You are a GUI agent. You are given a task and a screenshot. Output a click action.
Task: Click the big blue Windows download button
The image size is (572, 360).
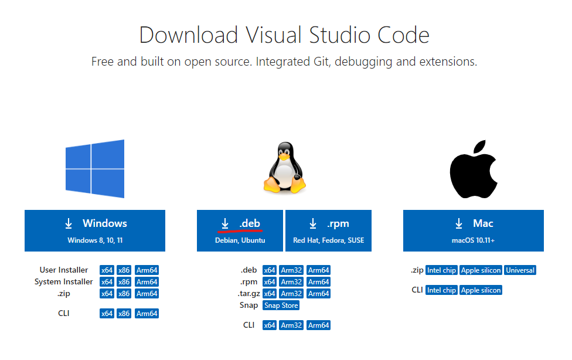tap(95, 230)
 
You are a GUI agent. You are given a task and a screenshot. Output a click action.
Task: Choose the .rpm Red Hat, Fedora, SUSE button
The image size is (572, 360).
tap(328, 230)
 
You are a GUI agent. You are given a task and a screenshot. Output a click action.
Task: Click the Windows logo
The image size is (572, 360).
tap(95, 168)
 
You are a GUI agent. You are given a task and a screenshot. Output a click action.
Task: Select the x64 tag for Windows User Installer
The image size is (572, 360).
tap(107, 270)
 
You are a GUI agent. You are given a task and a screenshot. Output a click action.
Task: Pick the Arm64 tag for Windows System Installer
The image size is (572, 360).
tap(147, 282)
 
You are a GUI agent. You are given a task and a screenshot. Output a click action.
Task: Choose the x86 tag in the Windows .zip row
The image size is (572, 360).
tap(124, 294)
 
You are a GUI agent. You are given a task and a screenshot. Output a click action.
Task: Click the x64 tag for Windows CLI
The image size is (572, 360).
tap(107, 314)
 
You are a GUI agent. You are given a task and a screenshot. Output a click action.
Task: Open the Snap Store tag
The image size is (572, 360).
tap(281, 305)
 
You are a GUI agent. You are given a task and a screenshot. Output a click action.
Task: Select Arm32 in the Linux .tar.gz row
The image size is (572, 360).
tap(291, 294)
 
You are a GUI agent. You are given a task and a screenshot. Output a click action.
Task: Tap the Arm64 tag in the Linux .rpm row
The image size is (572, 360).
tap(319, 282)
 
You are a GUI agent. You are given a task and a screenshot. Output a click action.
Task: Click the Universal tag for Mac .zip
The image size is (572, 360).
tap(520, 270)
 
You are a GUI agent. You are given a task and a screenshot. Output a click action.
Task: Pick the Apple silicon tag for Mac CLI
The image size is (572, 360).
tap(481, 290)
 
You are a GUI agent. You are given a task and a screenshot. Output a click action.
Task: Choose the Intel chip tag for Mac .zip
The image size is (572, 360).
tap(441, 270)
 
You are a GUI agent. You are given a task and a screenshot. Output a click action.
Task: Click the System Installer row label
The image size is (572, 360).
tap(63, 282)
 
